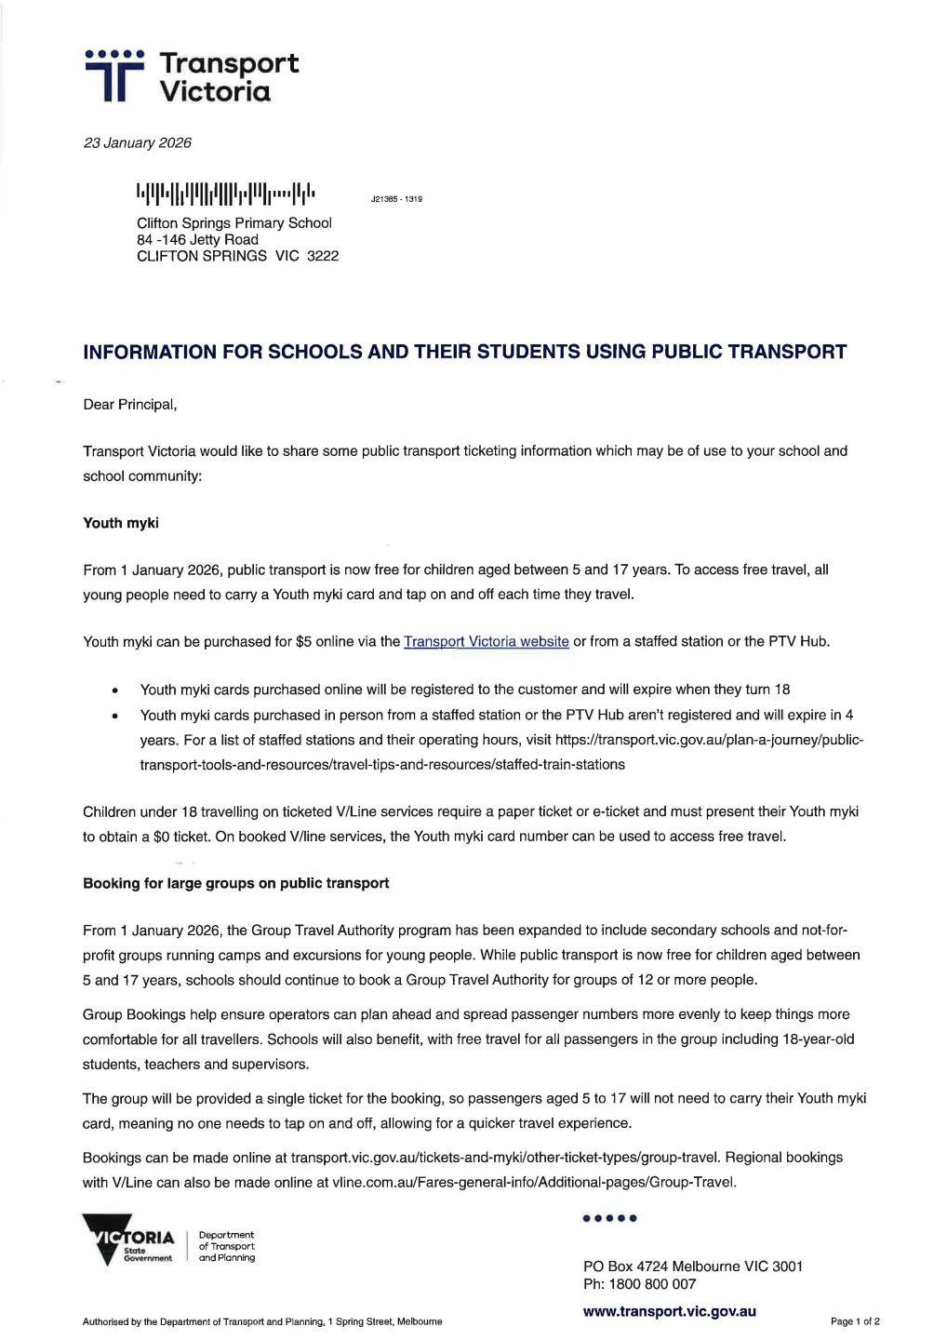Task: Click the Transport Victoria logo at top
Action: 191,75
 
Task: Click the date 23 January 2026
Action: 137,143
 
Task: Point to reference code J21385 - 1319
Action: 396,199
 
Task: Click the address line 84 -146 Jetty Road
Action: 197,239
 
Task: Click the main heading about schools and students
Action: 464,352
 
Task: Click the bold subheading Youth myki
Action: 121,523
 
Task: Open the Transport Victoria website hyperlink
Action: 486,641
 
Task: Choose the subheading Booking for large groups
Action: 235,883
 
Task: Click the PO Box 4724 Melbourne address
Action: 692,1266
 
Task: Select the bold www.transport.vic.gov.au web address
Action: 669,1311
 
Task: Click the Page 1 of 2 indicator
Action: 855,1321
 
